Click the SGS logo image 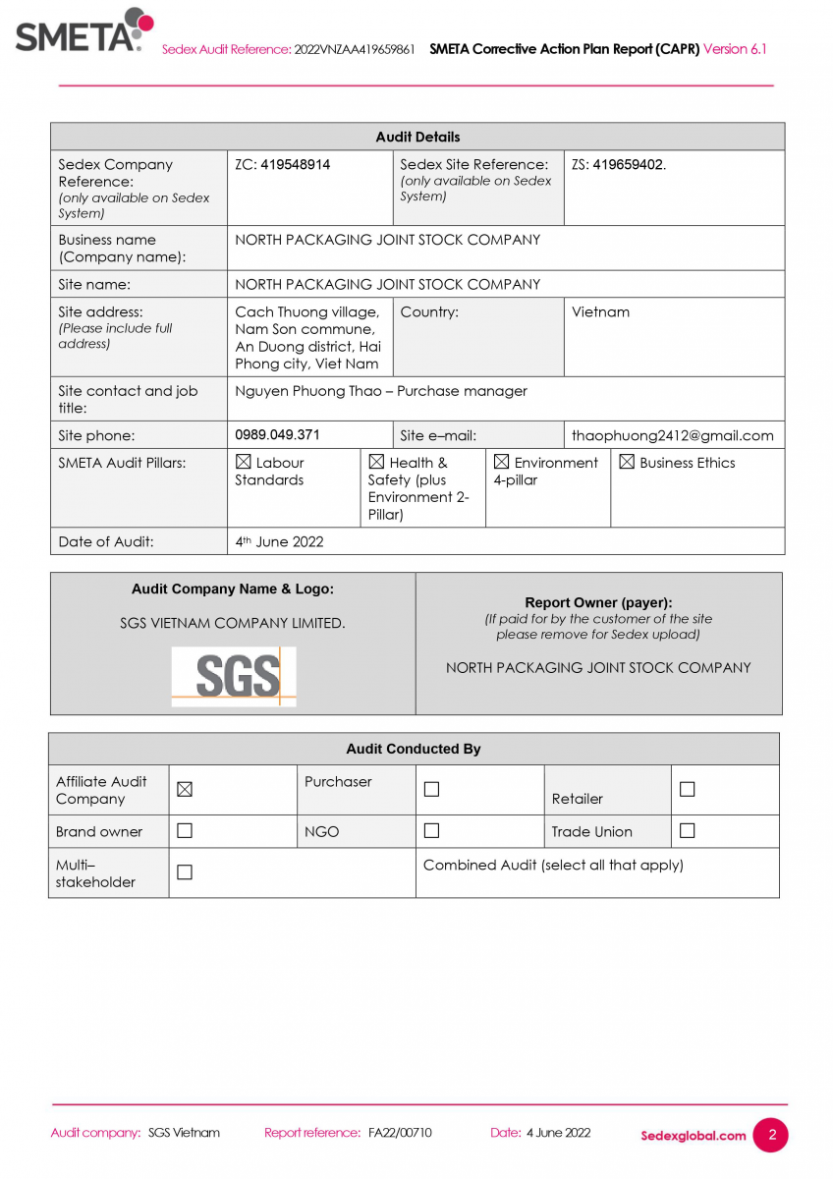pos(234,676)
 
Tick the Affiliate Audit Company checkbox pos(185,790)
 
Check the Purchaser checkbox pos(431,790)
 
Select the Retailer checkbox pos(688,790)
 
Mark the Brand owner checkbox pos(185,831)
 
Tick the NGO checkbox pos(431,831)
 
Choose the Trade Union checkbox pos(688,831)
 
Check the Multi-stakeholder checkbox pos(185,872)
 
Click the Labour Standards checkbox pos(244,462)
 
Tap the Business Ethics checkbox pos(627,462)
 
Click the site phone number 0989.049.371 pos(278,434)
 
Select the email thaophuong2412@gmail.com pos(673,435)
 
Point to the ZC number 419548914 pos(296,165)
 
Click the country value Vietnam pos(601,312)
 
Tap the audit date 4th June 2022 pos(280,541)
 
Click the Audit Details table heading pos(417,137)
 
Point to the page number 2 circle pos(771,1135)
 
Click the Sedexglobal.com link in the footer pos(694,1136)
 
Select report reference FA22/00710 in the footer pos(400,1133)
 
